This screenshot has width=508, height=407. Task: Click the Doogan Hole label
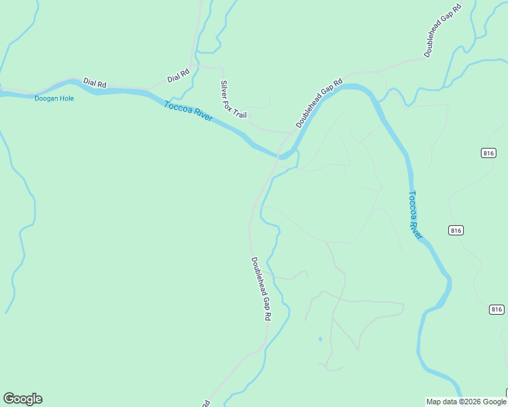tap(54, 98)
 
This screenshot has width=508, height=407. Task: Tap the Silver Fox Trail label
tap(233, 100)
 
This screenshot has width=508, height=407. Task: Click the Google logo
tap(22, 399)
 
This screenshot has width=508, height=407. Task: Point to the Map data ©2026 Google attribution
tap(467, 402)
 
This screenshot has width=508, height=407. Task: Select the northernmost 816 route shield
tap(489, 153)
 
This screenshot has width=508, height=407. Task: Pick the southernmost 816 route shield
tap(496, 309)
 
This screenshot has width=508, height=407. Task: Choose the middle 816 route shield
tap(456, 231)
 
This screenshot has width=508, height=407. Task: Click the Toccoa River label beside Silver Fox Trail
tap(188, 112)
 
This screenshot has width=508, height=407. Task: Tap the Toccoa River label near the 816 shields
tap(415, 215)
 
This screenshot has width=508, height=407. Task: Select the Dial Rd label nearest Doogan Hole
tap(95, 83)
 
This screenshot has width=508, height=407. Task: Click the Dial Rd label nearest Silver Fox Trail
tap(178, 75)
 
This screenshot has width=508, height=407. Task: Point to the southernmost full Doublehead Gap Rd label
tap(261, 288)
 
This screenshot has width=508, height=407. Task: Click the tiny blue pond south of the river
tap(319, 338)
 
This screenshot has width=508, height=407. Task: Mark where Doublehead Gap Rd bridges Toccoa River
tap(280, 157)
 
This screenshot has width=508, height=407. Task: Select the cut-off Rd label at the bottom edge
tap(205, 403)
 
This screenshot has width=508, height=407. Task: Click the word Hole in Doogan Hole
tap(66, 98)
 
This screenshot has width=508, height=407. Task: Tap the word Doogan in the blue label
tap(46, 98)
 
